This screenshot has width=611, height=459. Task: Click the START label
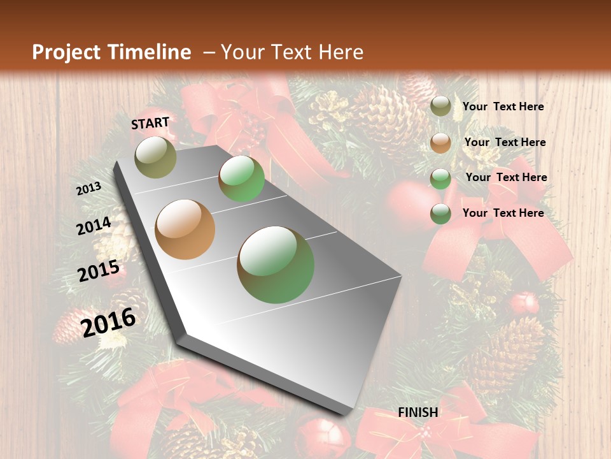pyautogui.click(x=151, y=123)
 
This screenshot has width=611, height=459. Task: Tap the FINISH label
pyautogui.click(x=418, y=412)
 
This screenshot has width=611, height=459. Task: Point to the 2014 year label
pyautogui.click(x=94, y=226)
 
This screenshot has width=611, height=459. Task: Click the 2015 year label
pyautogui.click(x=99, y=271)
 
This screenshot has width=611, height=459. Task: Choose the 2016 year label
pyautogui.click(x=109, y=323)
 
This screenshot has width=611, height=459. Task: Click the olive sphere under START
pyautogui.click(x=156, y=157)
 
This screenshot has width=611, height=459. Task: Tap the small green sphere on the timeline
pyautogui.click(x=242, y=178)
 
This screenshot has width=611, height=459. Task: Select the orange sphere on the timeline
pyautogui.click(x=185, y=229)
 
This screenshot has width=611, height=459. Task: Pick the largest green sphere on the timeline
pyautogui.click(x=276, y=265)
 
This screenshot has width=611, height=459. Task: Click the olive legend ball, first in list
pyautogui.click(x=440, y=106)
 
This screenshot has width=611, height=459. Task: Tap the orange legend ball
pyautogui.click(x=440, y=143)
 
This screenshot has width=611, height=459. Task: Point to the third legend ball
pyautogui.click(x=440, y=178)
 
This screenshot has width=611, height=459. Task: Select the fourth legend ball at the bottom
pyautogui.click(x=440, y=214)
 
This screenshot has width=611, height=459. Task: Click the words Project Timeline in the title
pyautogui.click(x=111, y=52)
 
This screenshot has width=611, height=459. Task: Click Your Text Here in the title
pyautogui.click(x=292, y=52)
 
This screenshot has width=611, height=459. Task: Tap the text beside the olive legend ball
pyautogui.click(x=503, y=107)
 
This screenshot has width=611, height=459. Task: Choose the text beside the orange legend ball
pyautogui.click(x=505, y=143)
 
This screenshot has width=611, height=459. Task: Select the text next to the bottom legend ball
pyautogui.click(x=503, y=213)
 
